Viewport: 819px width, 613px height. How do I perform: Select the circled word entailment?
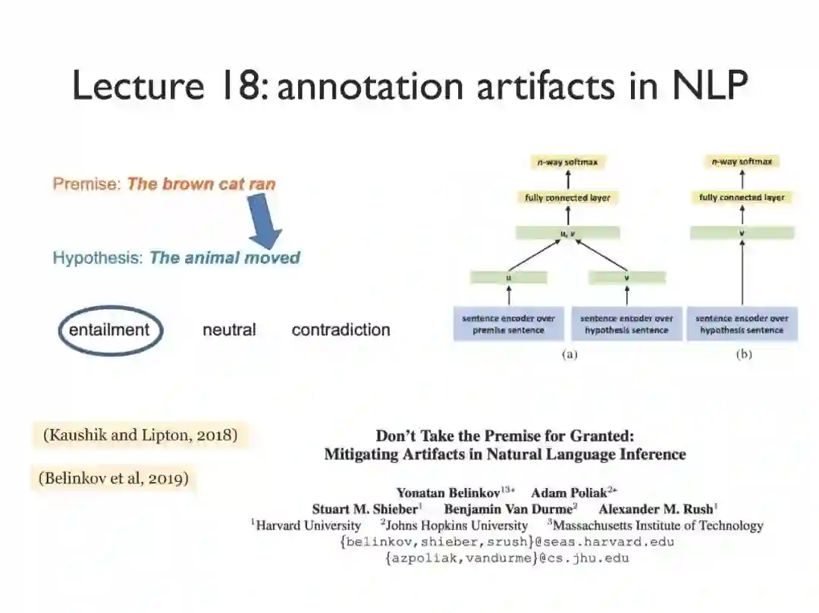pos(109,330)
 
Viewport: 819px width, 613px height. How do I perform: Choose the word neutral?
pos(229,330)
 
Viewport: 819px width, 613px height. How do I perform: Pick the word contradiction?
pos(340,330)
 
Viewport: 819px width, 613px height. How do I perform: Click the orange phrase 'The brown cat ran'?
pos(201,184)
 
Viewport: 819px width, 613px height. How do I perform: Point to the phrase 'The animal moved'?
pos(224,258)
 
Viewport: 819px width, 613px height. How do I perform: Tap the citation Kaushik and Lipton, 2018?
pos(140,435)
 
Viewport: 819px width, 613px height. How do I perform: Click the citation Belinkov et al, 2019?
pos(113,478)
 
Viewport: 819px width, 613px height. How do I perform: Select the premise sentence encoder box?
pos(509,324)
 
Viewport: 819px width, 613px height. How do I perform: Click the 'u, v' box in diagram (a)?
pos(567,233)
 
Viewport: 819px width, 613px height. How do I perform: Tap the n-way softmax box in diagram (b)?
pos(742,161)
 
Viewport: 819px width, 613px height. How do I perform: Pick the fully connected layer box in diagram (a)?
pos(567,198)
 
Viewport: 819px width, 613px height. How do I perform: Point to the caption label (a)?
pos(570,355)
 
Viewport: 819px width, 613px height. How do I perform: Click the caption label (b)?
pos(743,355)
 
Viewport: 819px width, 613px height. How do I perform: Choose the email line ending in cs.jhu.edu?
pos(507,558)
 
